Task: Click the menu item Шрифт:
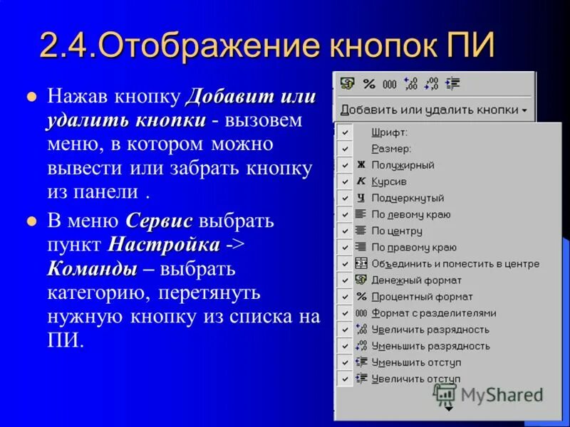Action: click(x=389, y=132)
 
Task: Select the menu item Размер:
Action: click(x=391, y=149)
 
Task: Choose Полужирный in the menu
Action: click(x=403, y=165)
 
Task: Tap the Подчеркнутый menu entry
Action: click(x=408, y=198)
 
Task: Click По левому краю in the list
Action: click(x=411, y=214)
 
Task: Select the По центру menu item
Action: click(x=397, y=231)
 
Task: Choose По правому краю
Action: click(x=414, y=247)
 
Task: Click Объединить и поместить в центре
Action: click(x=455, y=263)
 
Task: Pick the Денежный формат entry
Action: click(x=416, y=280)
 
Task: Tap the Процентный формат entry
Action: click(x=422, y=297)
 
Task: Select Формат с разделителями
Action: click(x=434, y=313)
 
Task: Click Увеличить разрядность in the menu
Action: click(x=430, y=330)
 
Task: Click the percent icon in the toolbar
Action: click(x=368, y=84)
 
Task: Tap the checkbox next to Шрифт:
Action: click(x=345, y=132)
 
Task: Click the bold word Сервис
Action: click(x=159, y=221)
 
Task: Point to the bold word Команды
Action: click(x=92, y=270)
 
